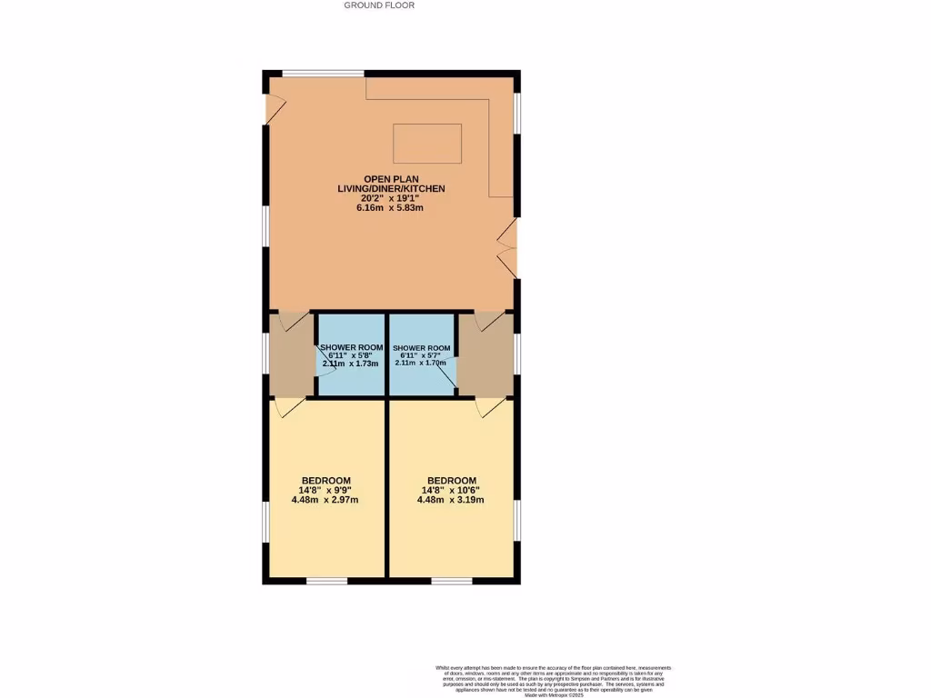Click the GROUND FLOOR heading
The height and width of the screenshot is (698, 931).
point(379,5)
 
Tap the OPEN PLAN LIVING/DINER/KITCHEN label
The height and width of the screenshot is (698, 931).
point(392,184)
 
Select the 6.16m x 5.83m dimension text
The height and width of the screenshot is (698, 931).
point(392,208)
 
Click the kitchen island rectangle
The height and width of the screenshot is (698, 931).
point(426,144)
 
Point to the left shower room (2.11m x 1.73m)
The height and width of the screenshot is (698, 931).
point(352,355)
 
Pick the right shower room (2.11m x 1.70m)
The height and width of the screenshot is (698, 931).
point(421,355)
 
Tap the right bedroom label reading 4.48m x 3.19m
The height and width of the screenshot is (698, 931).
point(451,500)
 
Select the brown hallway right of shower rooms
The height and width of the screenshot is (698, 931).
point(486,356)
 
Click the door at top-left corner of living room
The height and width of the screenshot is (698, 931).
point(273,109)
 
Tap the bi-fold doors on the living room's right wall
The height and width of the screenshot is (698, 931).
point(509,248)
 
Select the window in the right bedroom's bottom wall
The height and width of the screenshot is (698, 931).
point(451,580)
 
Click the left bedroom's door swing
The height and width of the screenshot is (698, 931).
point(290,408)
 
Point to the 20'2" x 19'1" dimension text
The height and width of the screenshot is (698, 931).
point(392,198)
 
